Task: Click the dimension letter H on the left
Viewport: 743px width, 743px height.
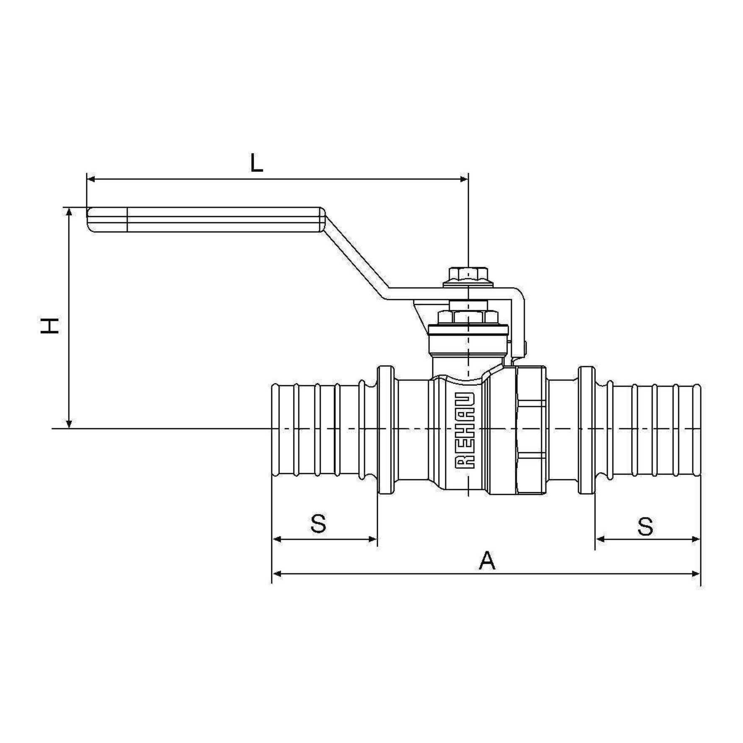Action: pyautogui.click(x=50, y=326)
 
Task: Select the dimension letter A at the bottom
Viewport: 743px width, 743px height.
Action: pyautogui.click(x=487, y=561)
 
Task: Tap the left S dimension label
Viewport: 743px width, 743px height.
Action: pyautogui.click(x=319, y=524)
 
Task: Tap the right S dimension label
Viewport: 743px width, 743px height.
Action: pyautogui.click(x=645, y=526)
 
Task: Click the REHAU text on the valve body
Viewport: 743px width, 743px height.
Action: pyautogui.click(x=465, y=431)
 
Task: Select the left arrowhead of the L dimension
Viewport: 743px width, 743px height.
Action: pyautogui.click(x=91, y=179)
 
